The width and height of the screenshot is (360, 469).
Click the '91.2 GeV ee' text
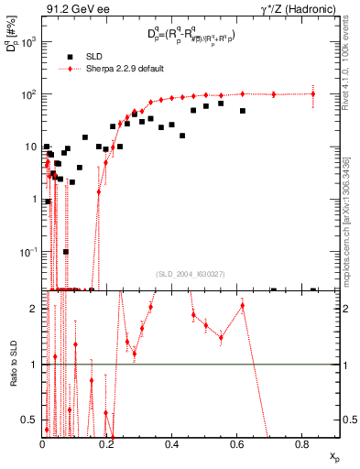coord(72,9)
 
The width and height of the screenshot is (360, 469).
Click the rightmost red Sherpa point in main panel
coord(313,93)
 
